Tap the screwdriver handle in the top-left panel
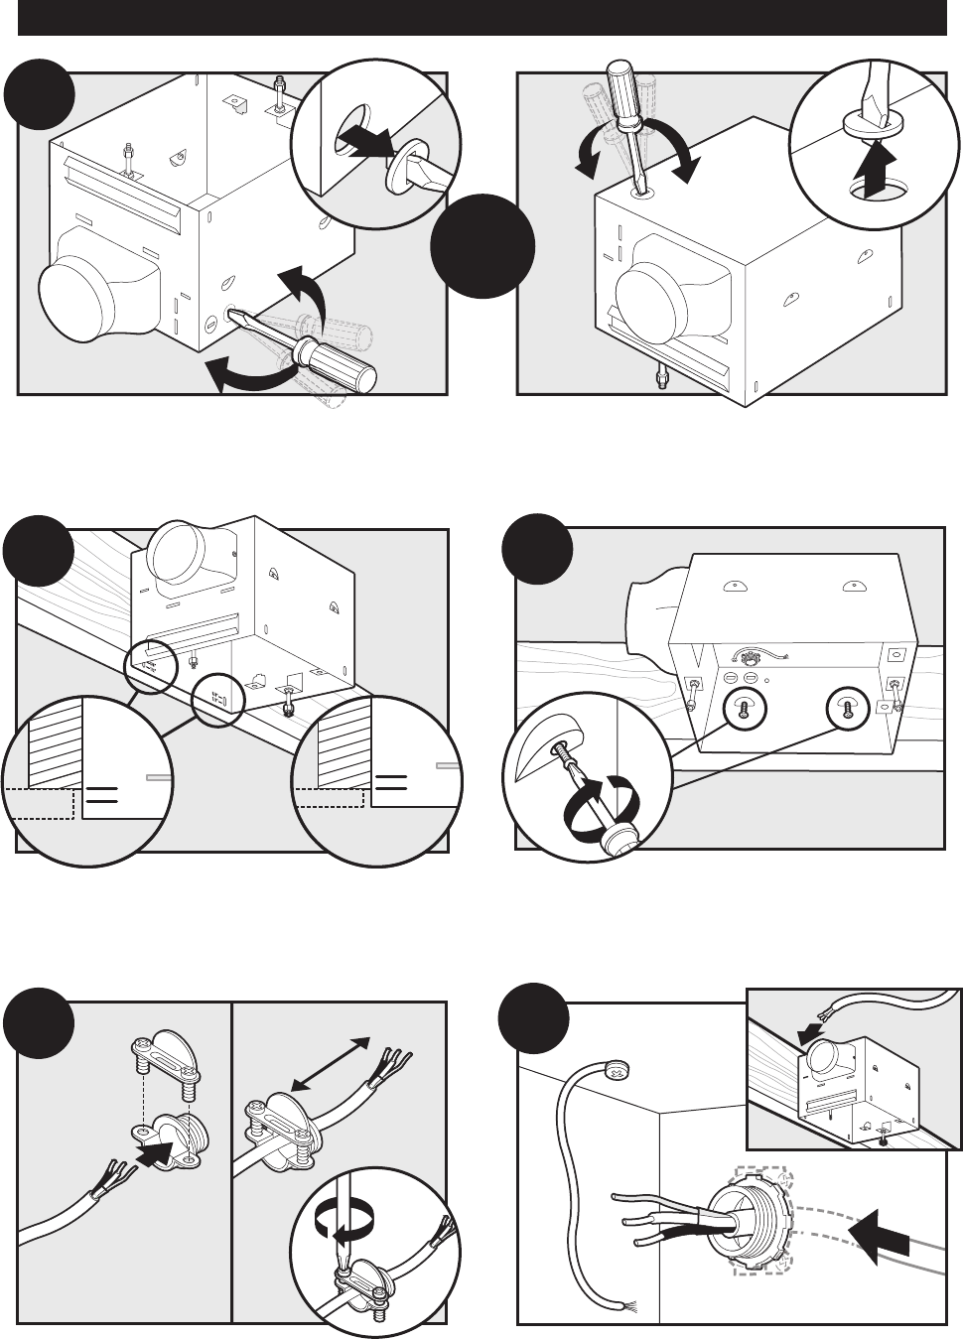(344, 361)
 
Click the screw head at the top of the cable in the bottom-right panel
(617, 1071)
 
